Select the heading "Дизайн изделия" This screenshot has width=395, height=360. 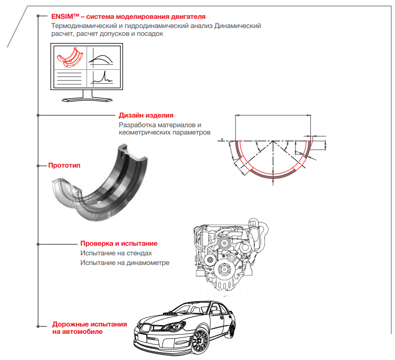click(x=146, y=115)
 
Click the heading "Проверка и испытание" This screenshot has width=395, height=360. click(x=119, y=243)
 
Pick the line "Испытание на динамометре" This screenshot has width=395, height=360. click(x=125, y=263)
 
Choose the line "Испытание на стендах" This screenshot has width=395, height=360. click(x=116, y=253)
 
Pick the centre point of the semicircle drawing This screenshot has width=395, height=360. click(x=273, y=140)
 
